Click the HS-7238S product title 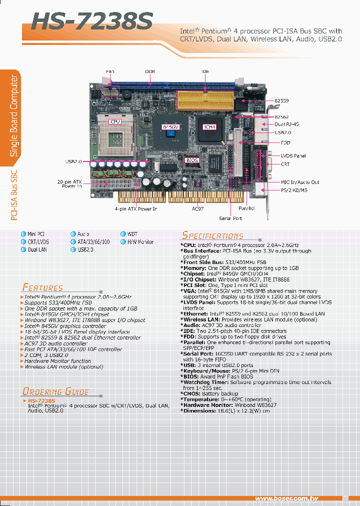tap(92, 22)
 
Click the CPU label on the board tap(115, 121)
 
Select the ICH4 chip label tap(209, 127)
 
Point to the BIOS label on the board tap(192, 160)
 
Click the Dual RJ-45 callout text tap(287, 124)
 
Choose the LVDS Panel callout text tap(293, 156)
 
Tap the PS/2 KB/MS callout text tap(294, 190)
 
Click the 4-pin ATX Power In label tap(135, 208)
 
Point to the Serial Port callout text tap(230, 218)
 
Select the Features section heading tap(42, 287)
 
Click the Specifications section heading tap(212, 235)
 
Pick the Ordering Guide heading tap(55, 391)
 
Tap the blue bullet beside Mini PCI tap(23, 234)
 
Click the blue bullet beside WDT tap(123, 234)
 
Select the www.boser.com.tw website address tap(286, 498)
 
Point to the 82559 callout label tap(282, 101)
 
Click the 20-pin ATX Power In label tap(69, 183)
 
